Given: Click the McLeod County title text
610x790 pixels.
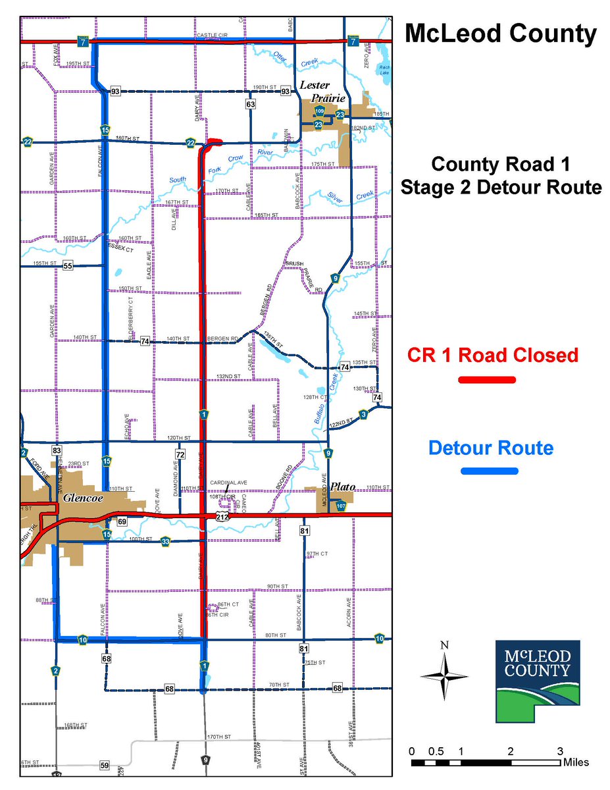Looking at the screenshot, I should point(501,34).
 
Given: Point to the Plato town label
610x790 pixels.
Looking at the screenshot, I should point(343,487).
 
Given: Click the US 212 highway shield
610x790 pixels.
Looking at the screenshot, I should point(222,518).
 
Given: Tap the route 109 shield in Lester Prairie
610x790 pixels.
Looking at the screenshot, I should point(319,111).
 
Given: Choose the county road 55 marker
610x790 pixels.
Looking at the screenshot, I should point(68,265).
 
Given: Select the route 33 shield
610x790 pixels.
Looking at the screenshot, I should point(165,541).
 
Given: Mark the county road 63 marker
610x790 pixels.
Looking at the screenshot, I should point(251,104).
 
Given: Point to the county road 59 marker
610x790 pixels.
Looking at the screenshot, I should point(105,765).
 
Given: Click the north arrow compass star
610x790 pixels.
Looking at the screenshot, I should point(444,675).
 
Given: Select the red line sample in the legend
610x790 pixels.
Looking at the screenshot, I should point(487,380).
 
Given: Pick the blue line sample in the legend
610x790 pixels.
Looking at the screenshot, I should point(489,471).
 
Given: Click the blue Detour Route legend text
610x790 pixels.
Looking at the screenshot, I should point(490,448).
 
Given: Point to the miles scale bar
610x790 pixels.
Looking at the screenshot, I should point(486,763).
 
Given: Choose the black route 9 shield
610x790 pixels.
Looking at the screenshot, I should point(206,760).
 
